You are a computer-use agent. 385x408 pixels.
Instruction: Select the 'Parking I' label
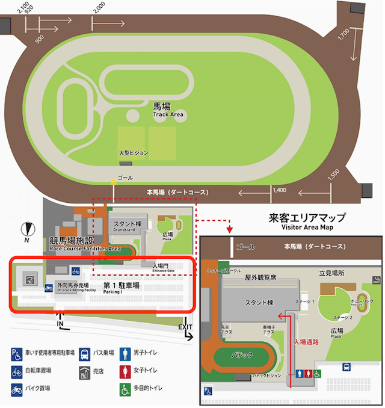pyautogui.click(x=113, y=292)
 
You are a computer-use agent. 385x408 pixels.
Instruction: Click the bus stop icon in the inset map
pyautogui.click(x=347, y=367)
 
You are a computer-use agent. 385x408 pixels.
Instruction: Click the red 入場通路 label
pyautogui.click(x=306, y=342)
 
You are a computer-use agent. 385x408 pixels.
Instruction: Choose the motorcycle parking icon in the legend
pyautogui.click(x=16, y=388)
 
